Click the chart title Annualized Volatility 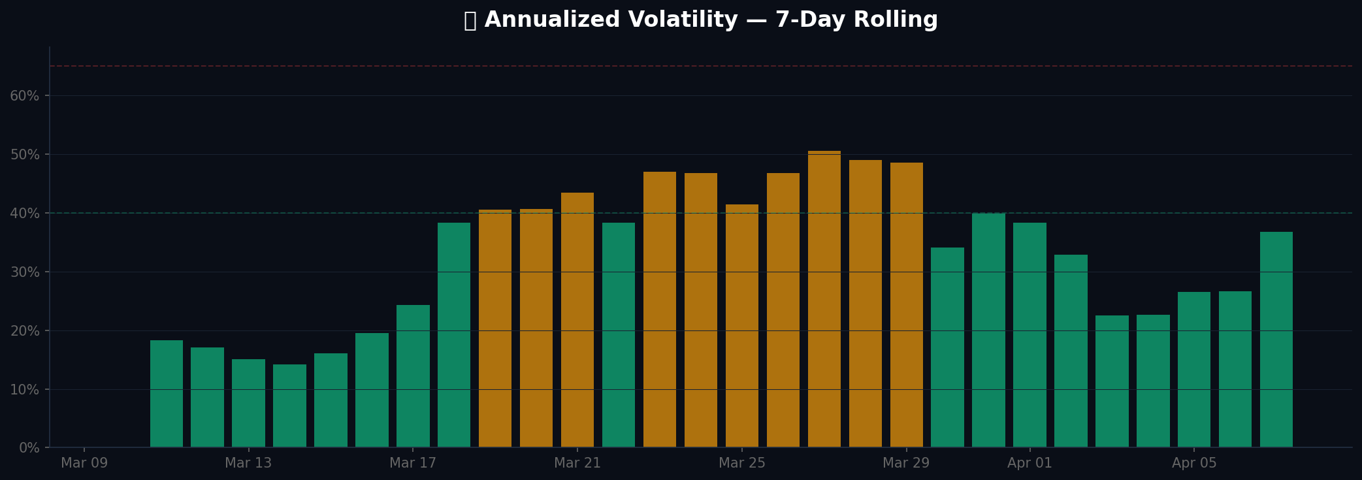click(700, 20)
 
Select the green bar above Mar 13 click(248, 403)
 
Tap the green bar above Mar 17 click(413, 376)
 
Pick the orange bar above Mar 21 click(577, 320)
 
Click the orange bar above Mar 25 click(742, 326)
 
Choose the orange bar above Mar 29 click(907, 305)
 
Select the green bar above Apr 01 click(1030, 335)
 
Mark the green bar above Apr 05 click(1194, 370)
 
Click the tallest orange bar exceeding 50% click(824, 299)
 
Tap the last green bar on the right click(1276, 340)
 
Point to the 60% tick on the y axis click(25, 96)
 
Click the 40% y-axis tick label click(25, 214)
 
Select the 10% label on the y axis click(25, 390)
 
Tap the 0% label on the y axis click(28, 448)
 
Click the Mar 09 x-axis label click(84, 463)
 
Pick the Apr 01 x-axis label click(1030, 463)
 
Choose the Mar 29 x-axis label click(906, 463)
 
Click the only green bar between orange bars click(619, 335)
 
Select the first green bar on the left click(167, 394)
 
